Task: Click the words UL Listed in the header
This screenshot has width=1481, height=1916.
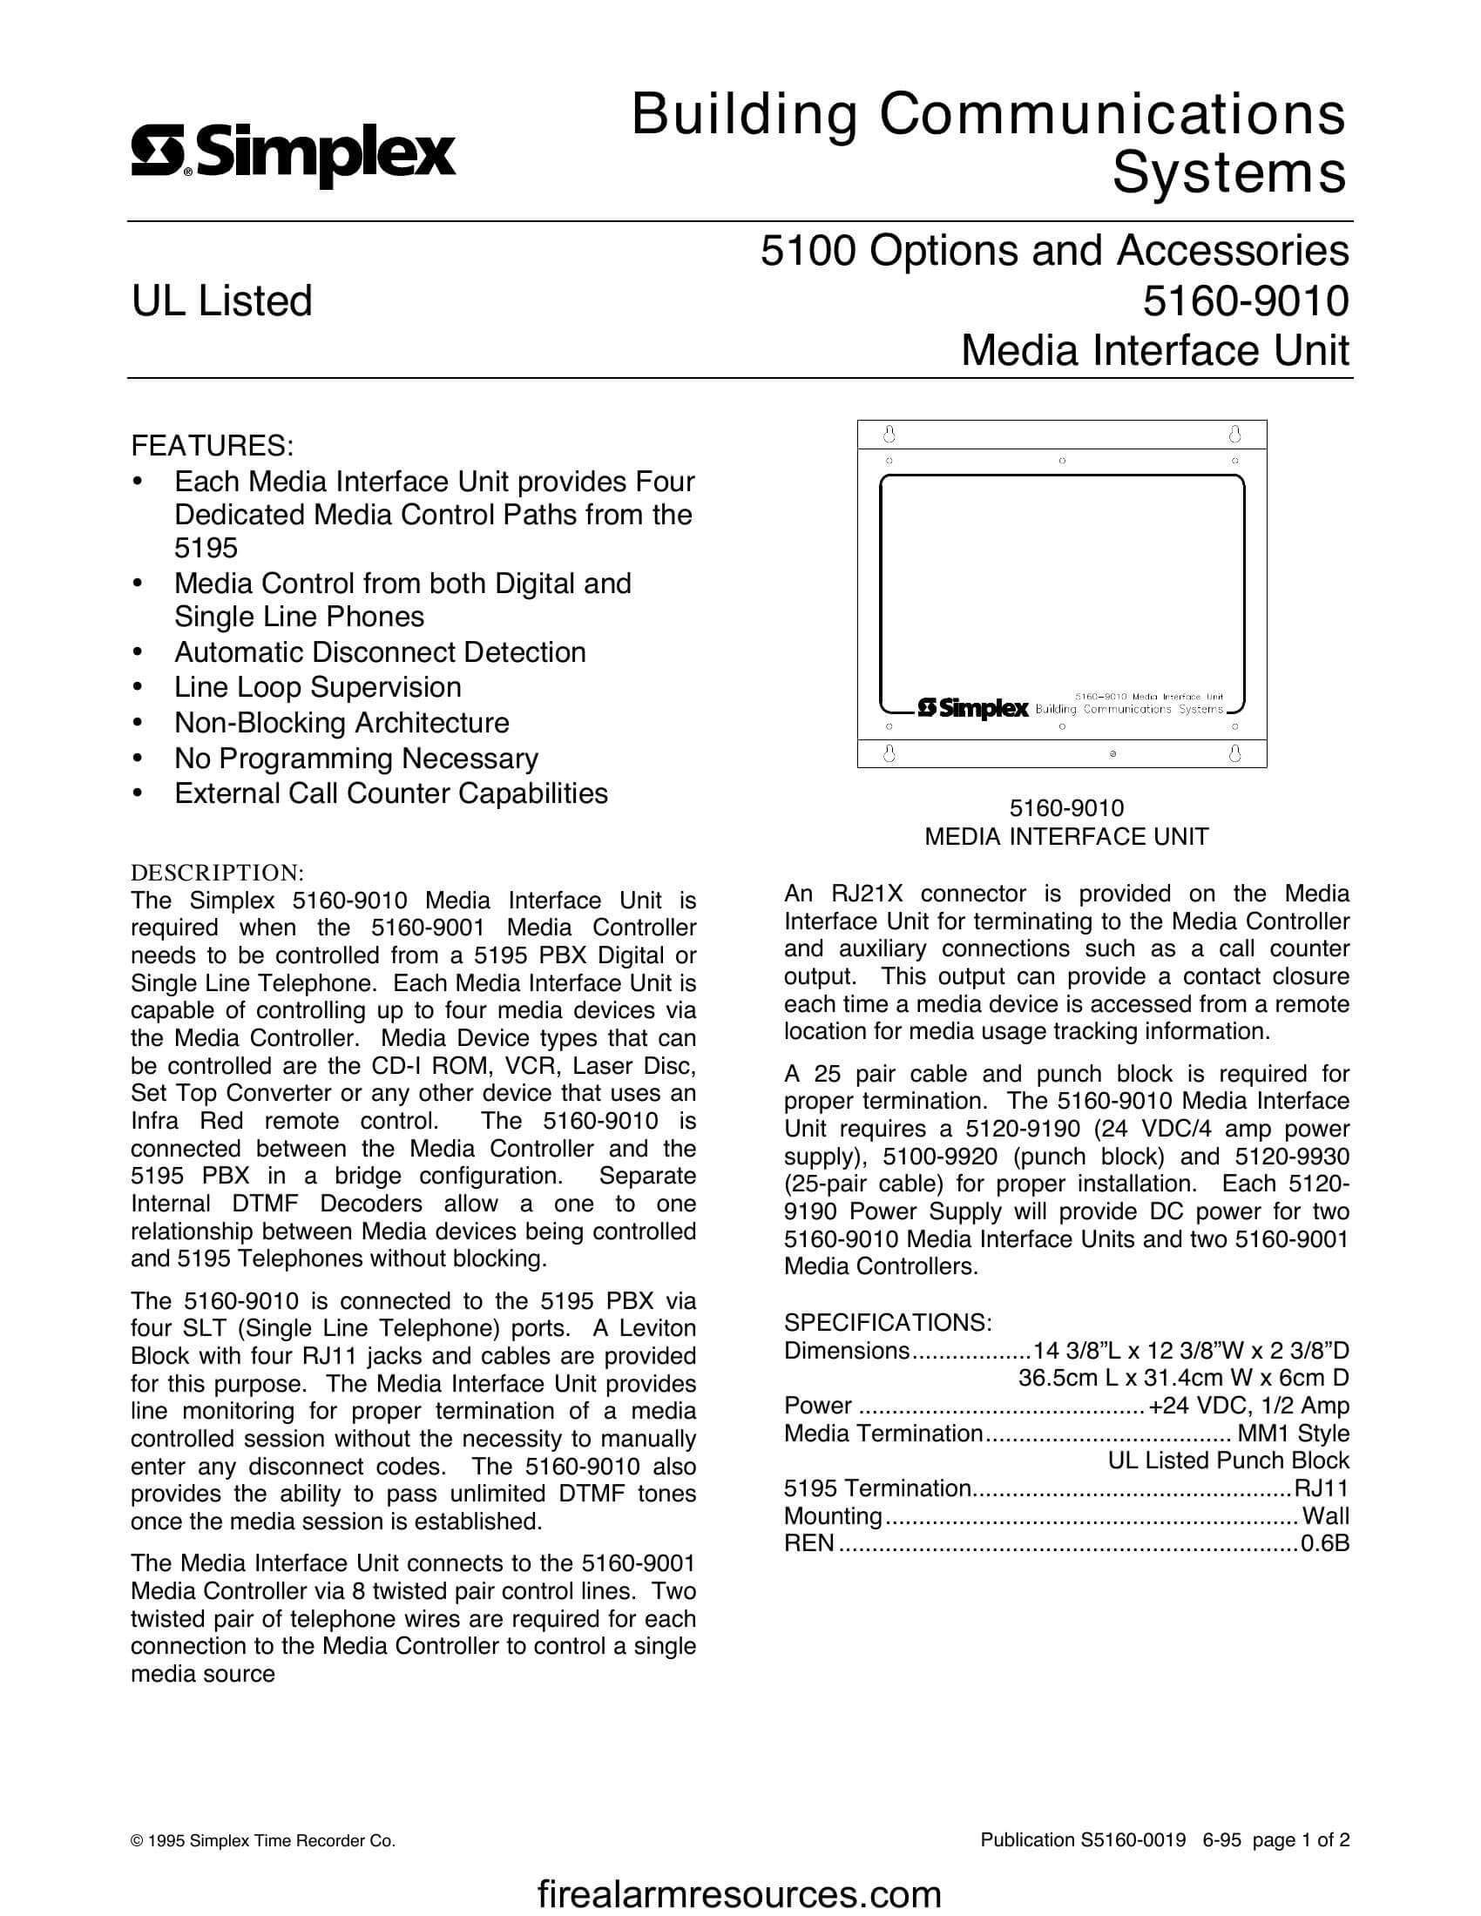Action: tap(222, 301)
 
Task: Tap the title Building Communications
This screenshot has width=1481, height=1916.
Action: tap(988, 115)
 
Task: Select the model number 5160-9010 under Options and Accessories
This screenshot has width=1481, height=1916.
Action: tap(1245, 301)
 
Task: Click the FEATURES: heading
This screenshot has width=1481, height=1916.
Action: tap(213, 446)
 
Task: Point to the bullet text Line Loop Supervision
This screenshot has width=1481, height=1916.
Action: tap(318, 687)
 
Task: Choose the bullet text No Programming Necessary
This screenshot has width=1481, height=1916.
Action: tap(356, 758)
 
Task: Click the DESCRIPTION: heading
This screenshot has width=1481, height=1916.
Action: tap(217, 873)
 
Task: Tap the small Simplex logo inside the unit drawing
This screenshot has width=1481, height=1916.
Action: tap(972, 708)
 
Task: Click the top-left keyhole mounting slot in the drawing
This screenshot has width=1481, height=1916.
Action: tap(888, 435)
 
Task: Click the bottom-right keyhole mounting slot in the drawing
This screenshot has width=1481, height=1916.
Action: tap(1234, 752)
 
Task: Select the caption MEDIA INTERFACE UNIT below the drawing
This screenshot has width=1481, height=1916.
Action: tap(1066, 837)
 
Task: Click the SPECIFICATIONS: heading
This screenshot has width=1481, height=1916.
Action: tap(888, 1322)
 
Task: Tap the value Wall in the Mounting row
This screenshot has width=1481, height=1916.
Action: tap(1326, 1515)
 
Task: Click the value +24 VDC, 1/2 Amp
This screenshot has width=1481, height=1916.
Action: tap(1248, 1406)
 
